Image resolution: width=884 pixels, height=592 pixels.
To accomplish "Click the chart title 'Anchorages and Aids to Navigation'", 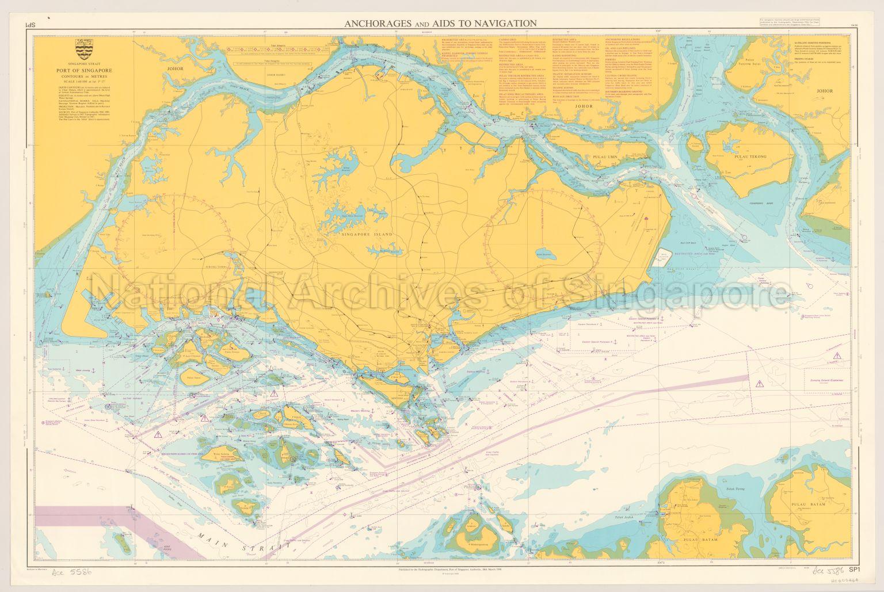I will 440,23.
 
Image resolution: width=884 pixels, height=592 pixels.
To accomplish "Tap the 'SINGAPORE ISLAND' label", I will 367,235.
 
